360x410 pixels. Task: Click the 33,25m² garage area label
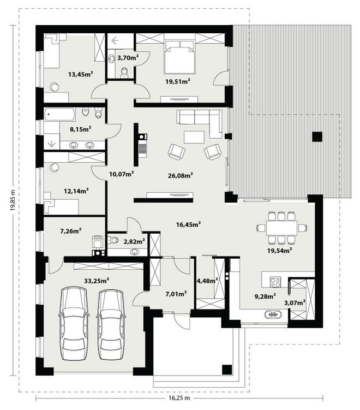pyautogui.click(x=97, y=281)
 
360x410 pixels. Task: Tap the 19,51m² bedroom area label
pyautogui.click(x=178, y=81)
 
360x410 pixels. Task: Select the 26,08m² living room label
pyautogui.click(x=180, y=175)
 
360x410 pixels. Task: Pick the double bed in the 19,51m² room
pyautogui.click(x=180, y=56)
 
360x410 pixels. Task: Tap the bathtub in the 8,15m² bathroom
pyautogui.click(x=60, y=115)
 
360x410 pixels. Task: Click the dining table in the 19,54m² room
pyautogui.click(x=281, y=228)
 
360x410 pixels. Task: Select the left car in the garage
pyautogui.click(x=74, y=323)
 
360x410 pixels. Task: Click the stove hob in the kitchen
pyautogui.click(x=275, y=282)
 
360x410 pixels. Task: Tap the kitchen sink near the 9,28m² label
pyautogui.click(x=273, y=314)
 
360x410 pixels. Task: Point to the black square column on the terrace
pyautogui.click(x=317, y=136)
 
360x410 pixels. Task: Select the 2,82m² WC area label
pyautogui.click(x=134, y=241)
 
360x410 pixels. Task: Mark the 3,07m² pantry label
pyautogui.click(x=295, y=303)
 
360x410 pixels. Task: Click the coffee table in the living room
pyautogui.click(x=194, y=137)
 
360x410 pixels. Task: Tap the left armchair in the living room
pyautogui.click(x=177, y=151)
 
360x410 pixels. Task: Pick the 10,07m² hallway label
pyautogui.click(x=122, y=174)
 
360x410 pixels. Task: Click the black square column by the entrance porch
pyautogui.click(x=227, y=369)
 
